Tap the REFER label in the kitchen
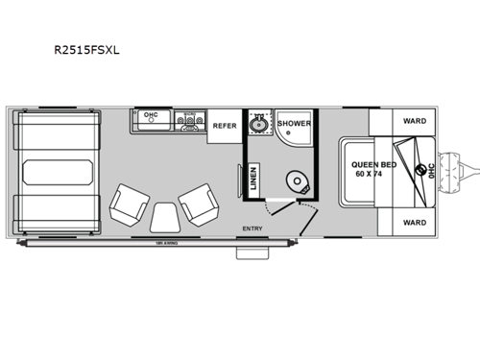coord(224,126)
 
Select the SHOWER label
coord(294,124)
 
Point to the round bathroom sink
coord(257,125)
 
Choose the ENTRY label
coord(252,228)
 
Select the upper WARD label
coord(415,122)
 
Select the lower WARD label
coord(415,222)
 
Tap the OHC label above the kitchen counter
coord(150,115)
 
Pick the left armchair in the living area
coord(127,204)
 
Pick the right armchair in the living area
coord(197,204)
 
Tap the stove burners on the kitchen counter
coord(189,122)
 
